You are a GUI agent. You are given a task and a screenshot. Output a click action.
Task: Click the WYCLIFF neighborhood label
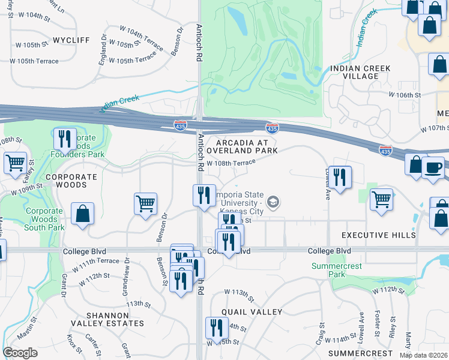click(71, 40)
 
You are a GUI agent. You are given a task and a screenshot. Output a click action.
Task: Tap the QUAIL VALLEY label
click(252, 312)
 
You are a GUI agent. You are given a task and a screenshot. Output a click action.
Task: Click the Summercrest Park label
click(328, 269)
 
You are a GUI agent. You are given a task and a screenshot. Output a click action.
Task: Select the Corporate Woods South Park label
click(45, 219)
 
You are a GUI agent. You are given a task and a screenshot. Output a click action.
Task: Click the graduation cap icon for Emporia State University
click(274, 202)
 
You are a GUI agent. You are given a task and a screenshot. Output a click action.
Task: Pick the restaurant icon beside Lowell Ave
click(340, 177)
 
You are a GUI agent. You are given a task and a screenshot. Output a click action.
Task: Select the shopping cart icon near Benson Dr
click(145, 204)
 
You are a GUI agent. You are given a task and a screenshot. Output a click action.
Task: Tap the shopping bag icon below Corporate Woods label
click(82, 214)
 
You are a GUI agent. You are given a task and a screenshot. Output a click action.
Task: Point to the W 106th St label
click(405, 95)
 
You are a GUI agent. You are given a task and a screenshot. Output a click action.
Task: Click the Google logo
click(20, 353)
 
